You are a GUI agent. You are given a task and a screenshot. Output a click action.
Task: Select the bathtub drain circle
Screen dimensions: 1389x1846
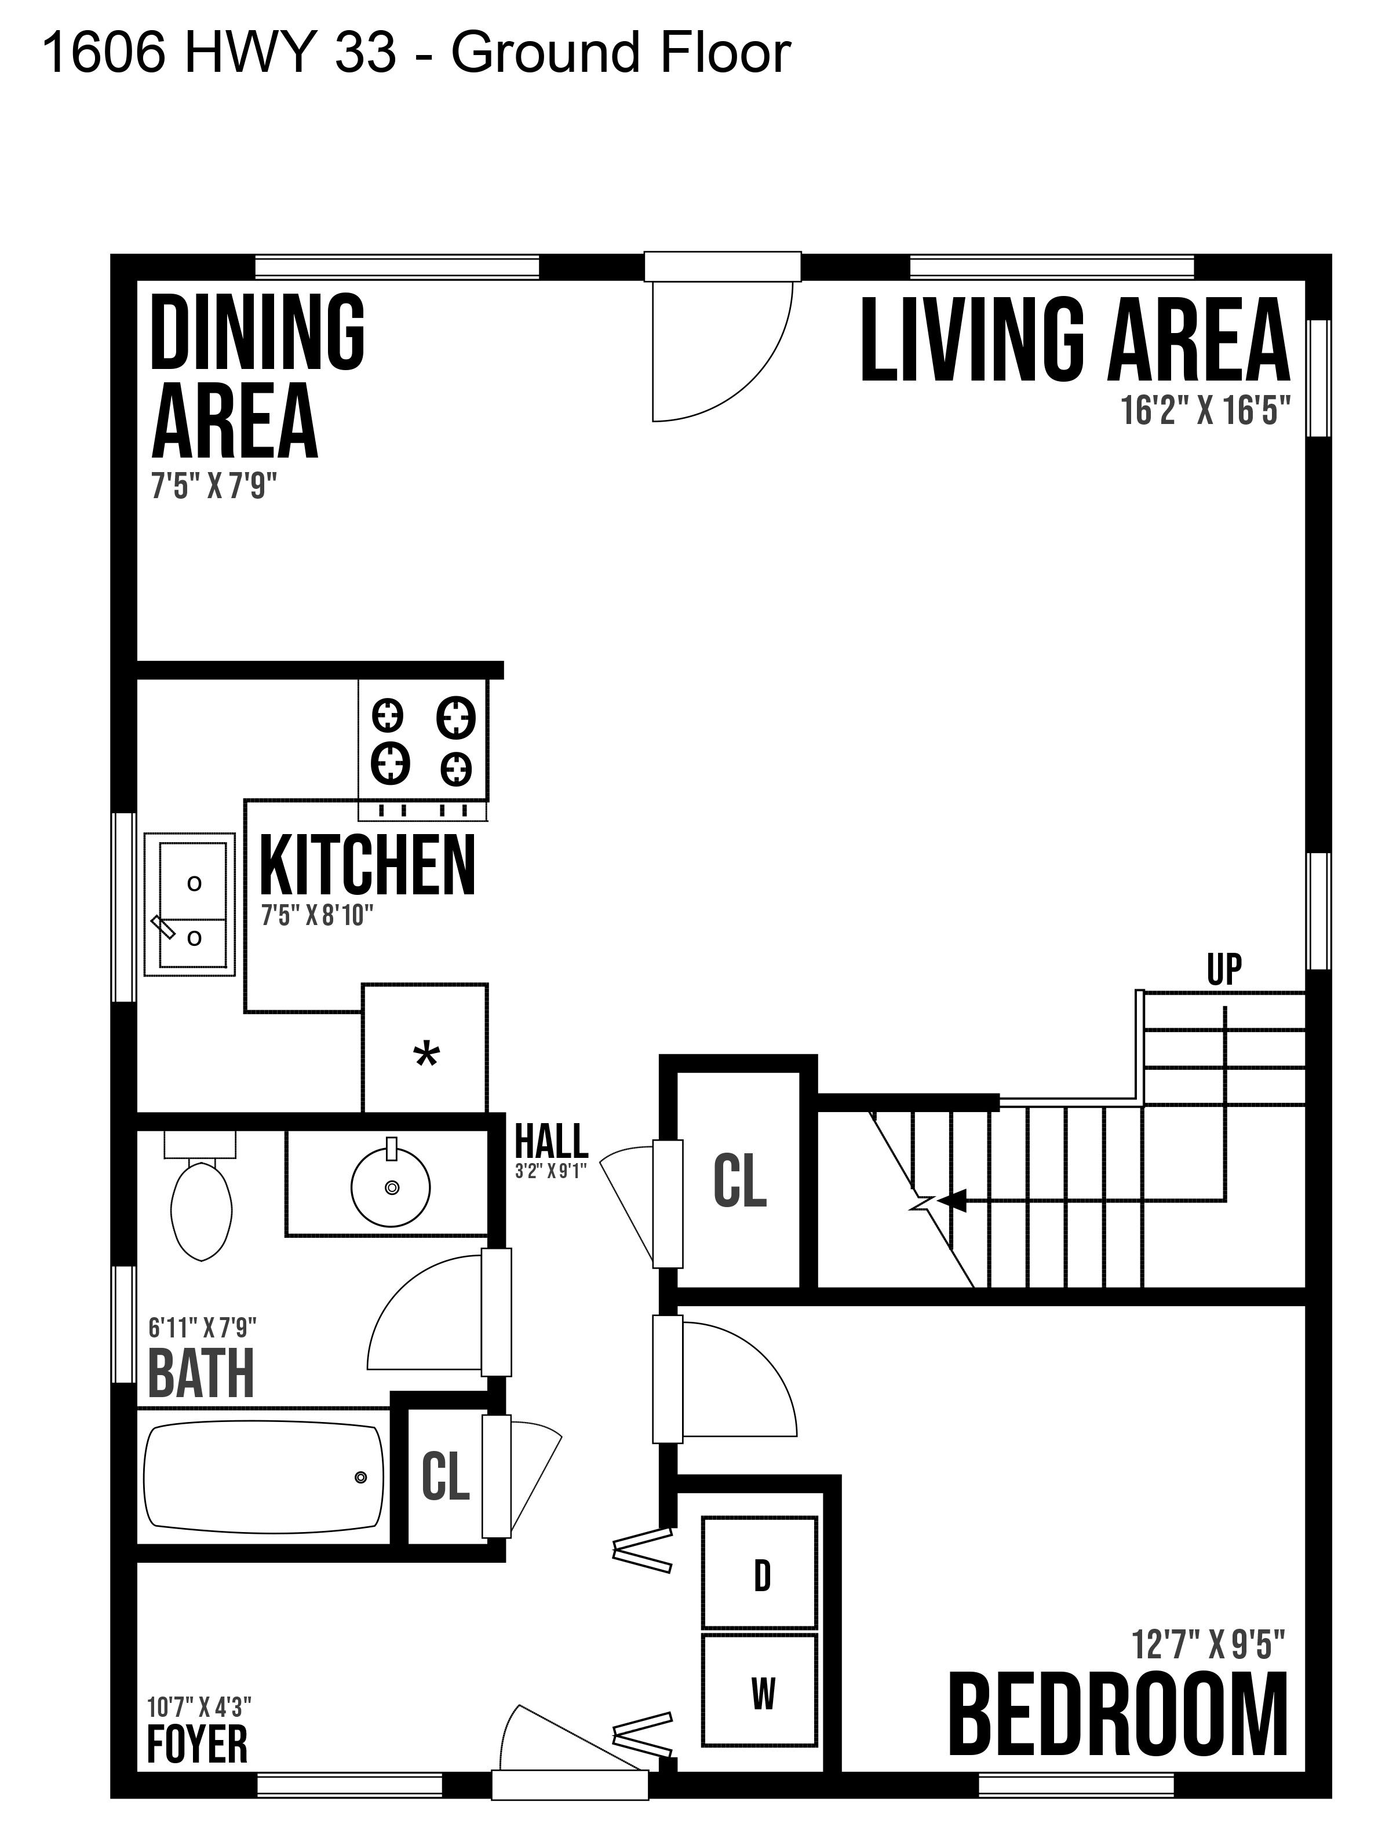360,1477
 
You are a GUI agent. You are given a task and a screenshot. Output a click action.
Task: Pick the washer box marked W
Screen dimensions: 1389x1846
760,1690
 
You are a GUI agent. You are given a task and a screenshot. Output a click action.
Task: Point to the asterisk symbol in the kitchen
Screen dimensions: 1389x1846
426,1056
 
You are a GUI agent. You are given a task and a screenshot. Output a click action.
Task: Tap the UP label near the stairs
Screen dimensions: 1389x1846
1224,970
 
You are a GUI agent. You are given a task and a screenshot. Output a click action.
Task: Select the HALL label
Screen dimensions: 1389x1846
551,1141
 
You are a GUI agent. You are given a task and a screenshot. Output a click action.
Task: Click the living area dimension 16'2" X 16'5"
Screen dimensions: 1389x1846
1205,411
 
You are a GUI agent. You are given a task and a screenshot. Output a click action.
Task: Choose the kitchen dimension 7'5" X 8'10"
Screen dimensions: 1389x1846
316,916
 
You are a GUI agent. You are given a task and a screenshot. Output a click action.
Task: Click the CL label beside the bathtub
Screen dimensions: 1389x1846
445,1475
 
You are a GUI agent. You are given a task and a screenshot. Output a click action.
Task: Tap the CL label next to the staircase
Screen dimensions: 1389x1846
739,1181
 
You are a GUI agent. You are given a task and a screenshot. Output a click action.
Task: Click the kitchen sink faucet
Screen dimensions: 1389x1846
163,927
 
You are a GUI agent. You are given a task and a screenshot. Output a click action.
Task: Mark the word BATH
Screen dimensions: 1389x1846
201,1375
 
